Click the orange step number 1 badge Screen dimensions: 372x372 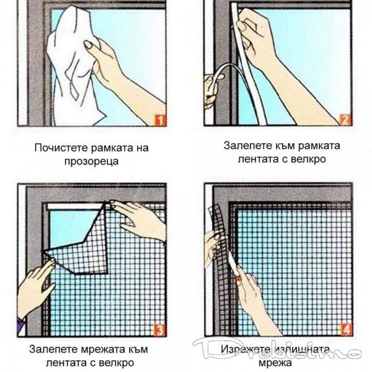(x=161, y=120)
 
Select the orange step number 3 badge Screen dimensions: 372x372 (x=159, y=330)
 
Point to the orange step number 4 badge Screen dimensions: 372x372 (x=346, y=330)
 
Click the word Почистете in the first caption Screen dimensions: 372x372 (x=61, y=148)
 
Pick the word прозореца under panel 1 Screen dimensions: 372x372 (x=91, y=162)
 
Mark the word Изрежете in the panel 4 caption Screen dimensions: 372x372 (x=246, y=349)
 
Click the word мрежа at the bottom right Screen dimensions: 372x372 (x=275, y=363)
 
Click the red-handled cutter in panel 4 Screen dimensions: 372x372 (x=239, y=275)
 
